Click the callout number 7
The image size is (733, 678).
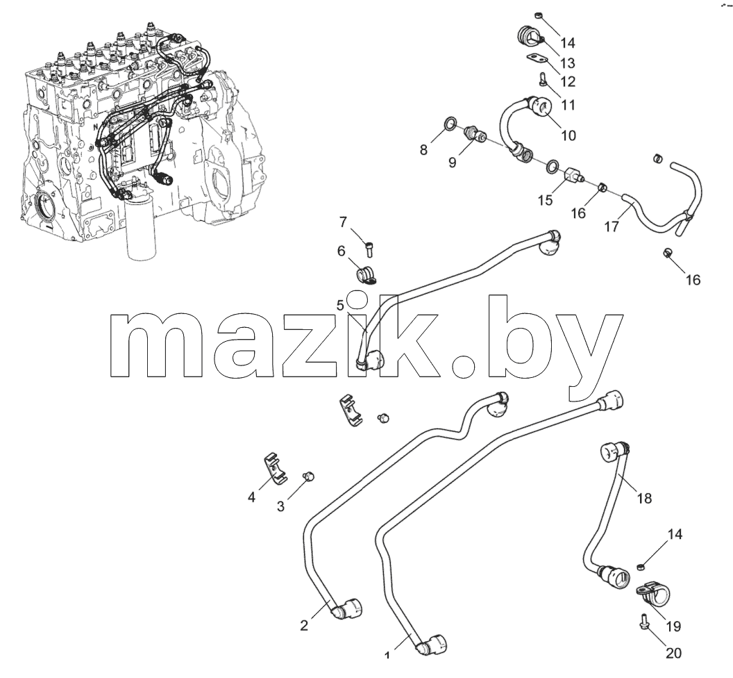[x=344, y=222]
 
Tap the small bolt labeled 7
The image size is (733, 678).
[x=369, y=247]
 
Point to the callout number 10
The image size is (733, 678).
[x=568, y=135]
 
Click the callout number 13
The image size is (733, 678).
[x=568, y=63]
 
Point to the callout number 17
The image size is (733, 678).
[x=612, y=226]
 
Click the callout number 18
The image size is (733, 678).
[x=644, y=498]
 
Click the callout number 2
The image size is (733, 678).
[x=304, y=625]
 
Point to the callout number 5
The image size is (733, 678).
[x=340, y=305]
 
